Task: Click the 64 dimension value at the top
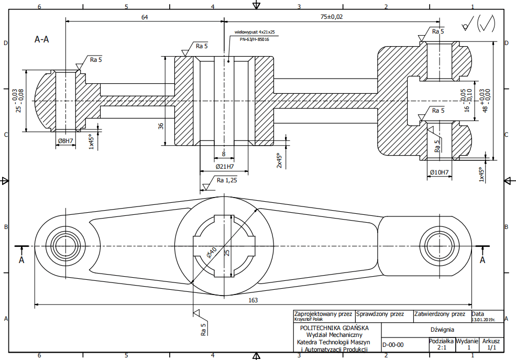[x=145, y=17]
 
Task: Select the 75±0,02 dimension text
[x=332, y=17]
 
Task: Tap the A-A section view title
[x=42, y=39]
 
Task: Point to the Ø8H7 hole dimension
[x=65, y=141]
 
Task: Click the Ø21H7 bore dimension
[x=225, y=167]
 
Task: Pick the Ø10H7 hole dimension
[x=440, y=172]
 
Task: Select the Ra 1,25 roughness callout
[x=227, y=180]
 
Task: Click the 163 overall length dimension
[x=253, y=300]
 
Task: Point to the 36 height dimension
[x=161, y=126]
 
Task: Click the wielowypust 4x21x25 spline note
[x=255, y=32]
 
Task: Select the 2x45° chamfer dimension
[x=279, y=160]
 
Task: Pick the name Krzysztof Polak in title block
[x=309, y=319]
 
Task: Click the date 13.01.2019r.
[x=483, y=320]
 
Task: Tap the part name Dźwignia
[x=442, y=330]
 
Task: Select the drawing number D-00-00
[x=393, y=345]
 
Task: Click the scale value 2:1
[x=442, y=347]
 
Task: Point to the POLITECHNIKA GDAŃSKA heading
[x=334, y=328]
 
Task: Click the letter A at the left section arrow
[x=21, y=260]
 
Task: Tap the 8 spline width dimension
[x=224, y=154]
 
